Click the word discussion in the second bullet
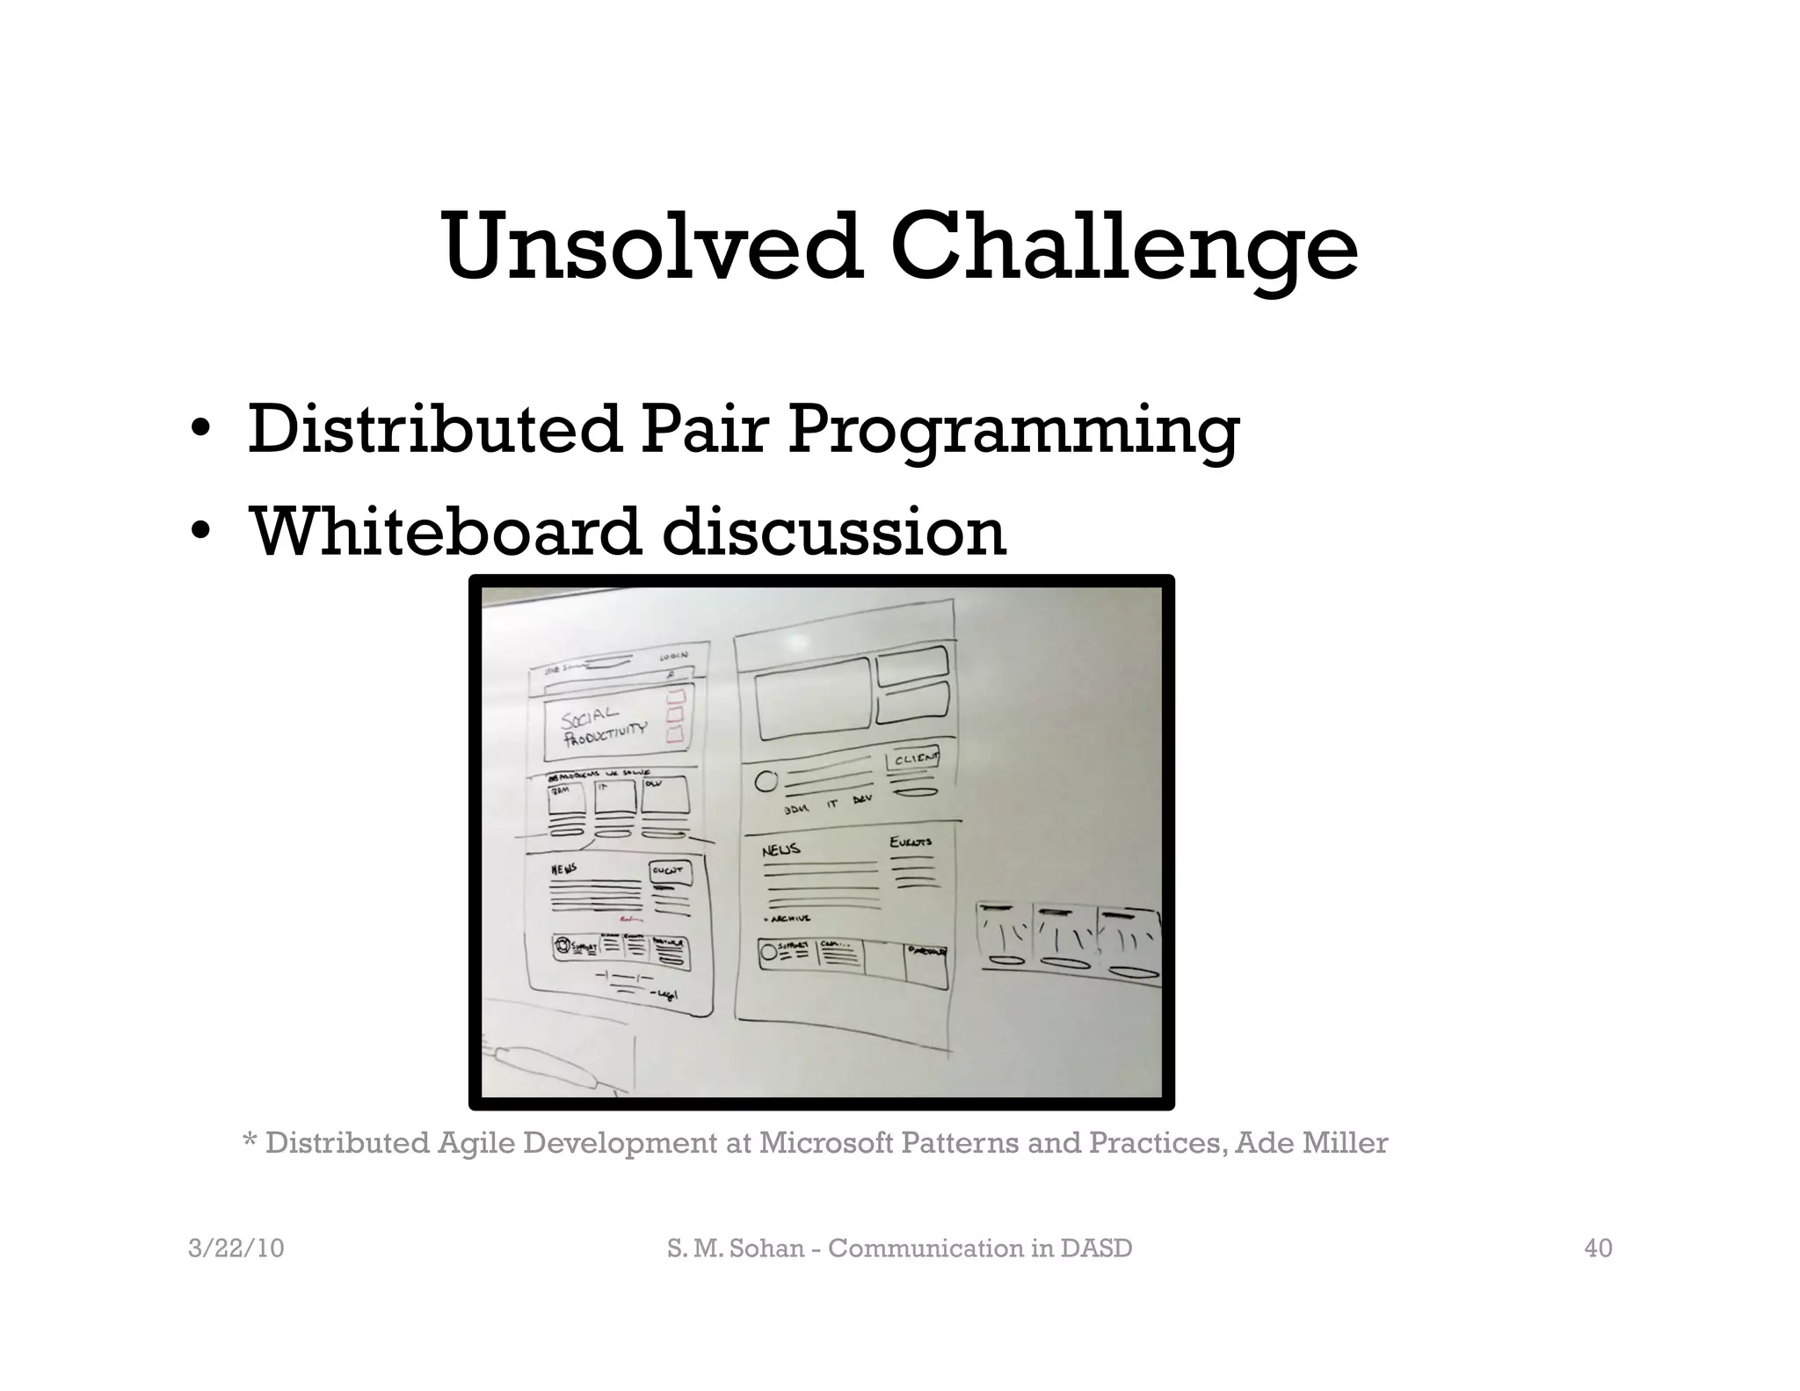833,531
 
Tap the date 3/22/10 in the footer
236,1249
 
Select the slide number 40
1598,1249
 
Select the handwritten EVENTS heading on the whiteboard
911,842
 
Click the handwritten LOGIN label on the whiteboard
673,656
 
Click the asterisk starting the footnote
250,1142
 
